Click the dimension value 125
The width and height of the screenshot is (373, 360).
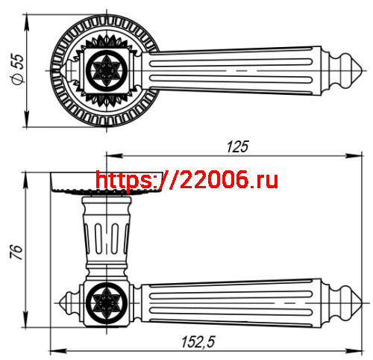236,146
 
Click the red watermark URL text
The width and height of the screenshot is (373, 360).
186,179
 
